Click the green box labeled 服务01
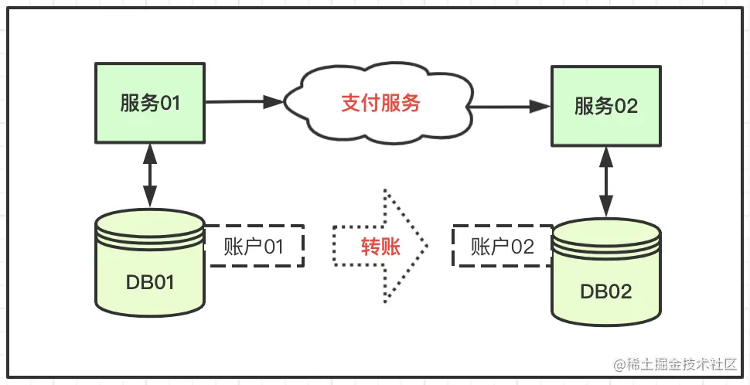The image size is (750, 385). tap(150, 103)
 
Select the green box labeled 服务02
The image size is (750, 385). tap(606, 106)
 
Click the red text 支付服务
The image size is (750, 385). tap(380, 104)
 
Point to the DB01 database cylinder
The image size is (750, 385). tap(150, 263)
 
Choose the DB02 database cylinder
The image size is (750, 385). tap(606, 271)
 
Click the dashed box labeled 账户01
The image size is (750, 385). tap(254, 246)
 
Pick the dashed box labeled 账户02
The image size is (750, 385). tap(502, 246)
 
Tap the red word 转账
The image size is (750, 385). tap(380, 247)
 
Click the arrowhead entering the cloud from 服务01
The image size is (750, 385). tap(274, 101)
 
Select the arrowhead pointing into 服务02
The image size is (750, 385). tap(540, 107)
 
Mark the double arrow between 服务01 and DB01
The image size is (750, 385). tap(150, 175)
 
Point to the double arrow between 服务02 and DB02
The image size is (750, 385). tap(606, 181)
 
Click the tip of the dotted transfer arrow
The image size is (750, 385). tap(427, 247)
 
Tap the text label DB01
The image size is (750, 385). tap(150, 283)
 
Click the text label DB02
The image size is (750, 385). tap(606, 291)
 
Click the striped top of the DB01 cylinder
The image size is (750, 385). tap(150, 230)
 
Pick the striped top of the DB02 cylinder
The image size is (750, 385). tap(606, 237)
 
